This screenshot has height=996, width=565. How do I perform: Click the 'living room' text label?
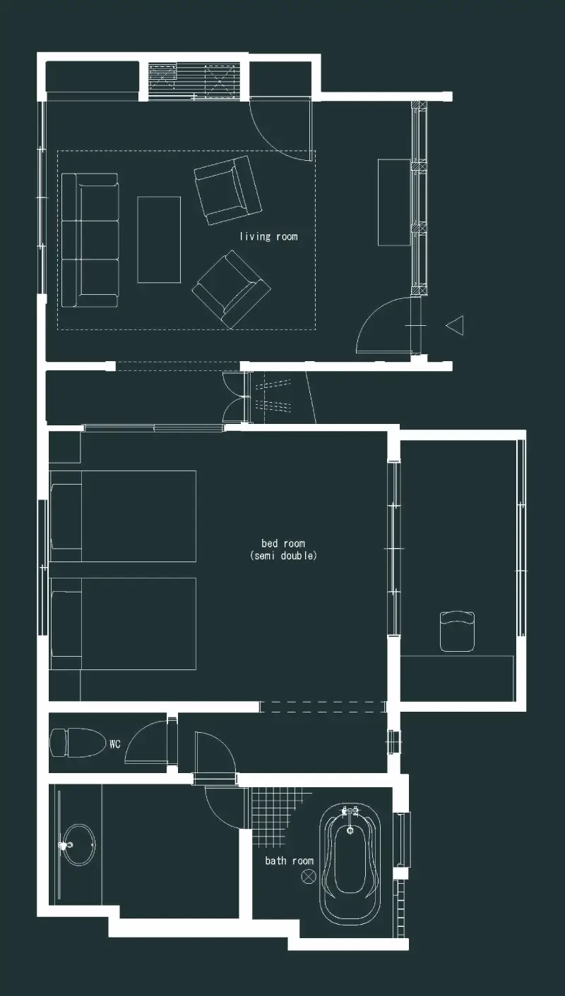(268, 236)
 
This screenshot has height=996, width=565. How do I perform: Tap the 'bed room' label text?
(283, 543)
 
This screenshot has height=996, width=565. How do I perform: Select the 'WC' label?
(115, 744)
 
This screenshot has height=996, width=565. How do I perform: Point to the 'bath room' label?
(290, 861)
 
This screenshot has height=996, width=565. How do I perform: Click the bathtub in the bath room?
(350, 863)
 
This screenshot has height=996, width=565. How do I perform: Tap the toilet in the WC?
(75, 743)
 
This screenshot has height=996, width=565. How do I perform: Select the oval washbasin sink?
(78, 845)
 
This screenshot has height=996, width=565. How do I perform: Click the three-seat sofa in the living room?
(90, 240)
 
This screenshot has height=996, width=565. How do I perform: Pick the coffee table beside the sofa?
(159, 240)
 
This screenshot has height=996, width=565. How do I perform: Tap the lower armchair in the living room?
(231, 289)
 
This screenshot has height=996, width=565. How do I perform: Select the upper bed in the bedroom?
(123, 516)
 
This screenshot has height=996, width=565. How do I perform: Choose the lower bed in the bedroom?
(123, 624)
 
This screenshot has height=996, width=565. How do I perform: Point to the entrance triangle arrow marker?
(455, 325)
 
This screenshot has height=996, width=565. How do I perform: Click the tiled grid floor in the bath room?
(276, 810)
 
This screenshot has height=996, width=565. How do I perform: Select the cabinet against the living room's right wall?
(394, 202)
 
